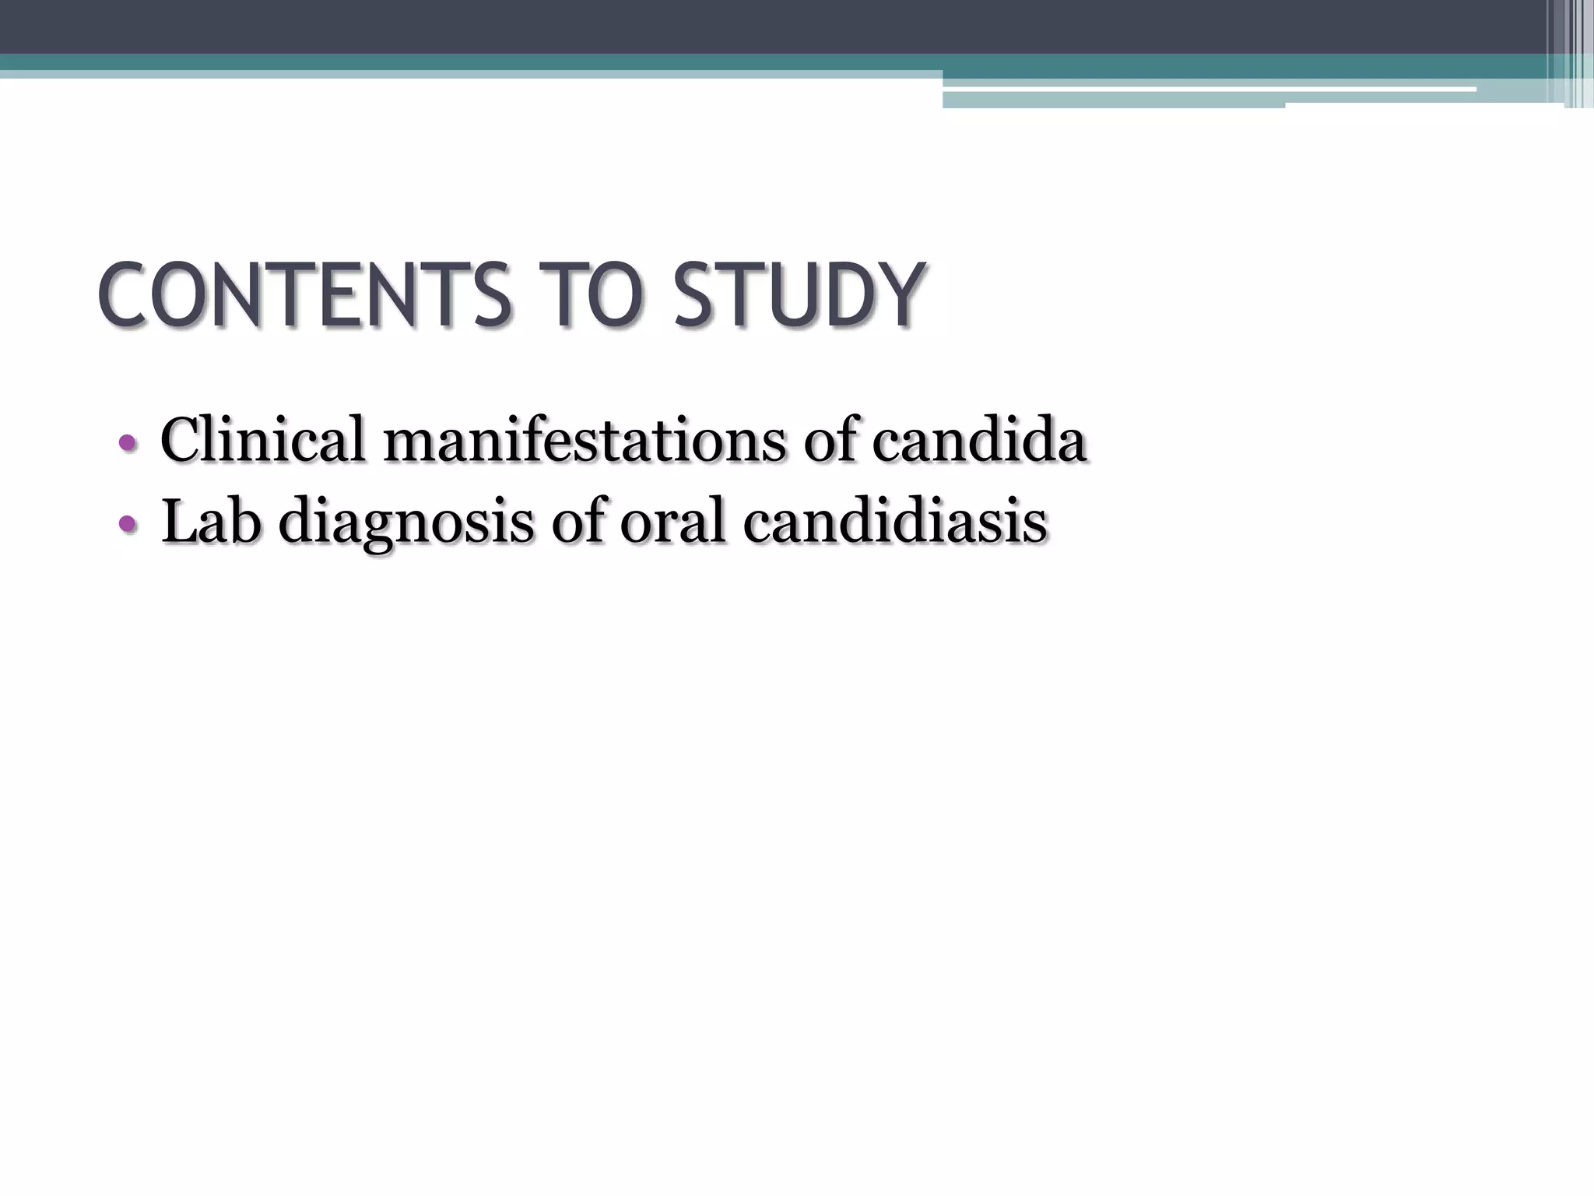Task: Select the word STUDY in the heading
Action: (x=800, y=296)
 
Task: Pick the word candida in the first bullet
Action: (x=978, y=441)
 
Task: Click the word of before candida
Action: (x=831, y=440)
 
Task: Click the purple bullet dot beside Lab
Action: (x=128, y=526)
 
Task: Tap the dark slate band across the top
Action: (x=700, y=26)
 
